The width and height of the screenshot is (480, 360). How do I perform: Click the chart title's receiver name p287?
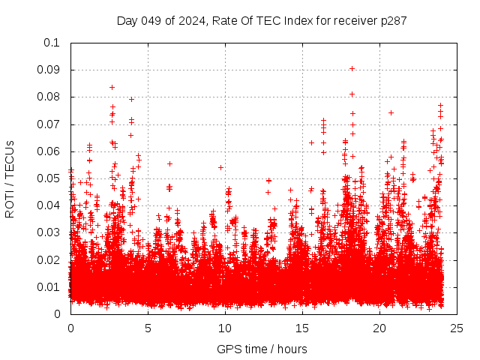[394, 20]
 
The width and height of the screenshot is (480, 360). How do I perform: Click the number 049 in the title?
[151, 20]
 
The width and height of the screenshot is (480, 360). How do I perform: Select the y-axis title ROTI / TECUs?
[10, 178]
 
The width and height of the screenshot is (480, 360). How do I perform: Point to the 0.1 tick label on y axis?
[52, 43]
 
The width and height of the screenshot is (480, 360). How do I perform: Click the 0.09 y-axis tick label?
[49, 70]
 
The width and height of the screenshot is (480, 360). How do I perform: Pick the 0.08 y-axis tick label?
[49, 97]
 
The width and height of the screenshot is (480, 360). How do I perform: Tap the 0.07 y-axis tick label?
[49, 124]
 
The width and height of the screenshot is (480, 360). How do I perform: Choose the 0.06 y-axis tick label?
[49, 151]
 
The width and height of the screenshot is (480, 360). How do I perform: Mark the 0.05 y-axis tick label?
[49, 178]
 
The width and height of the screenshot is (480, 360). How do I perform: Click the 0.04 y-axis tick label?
[49, 205]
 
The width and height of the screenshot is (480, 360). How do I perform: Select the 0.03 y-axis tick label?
[49, 232]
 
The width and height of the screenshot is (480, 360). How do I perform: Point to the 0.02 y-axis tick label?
[49, 259]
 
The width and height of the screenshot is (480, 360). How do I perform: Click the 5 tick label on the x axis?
[148, 328]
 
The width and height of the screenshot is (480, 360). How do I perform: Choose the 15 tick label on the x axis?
[303, 328]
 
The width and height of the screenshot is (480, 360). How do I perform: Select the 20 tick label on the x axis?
[380, 328]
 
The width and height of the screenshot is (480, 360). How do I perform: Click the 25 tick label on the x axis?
[457, 328]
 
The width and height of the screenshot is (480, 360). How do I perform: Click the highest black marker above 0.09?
[352, 68]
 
